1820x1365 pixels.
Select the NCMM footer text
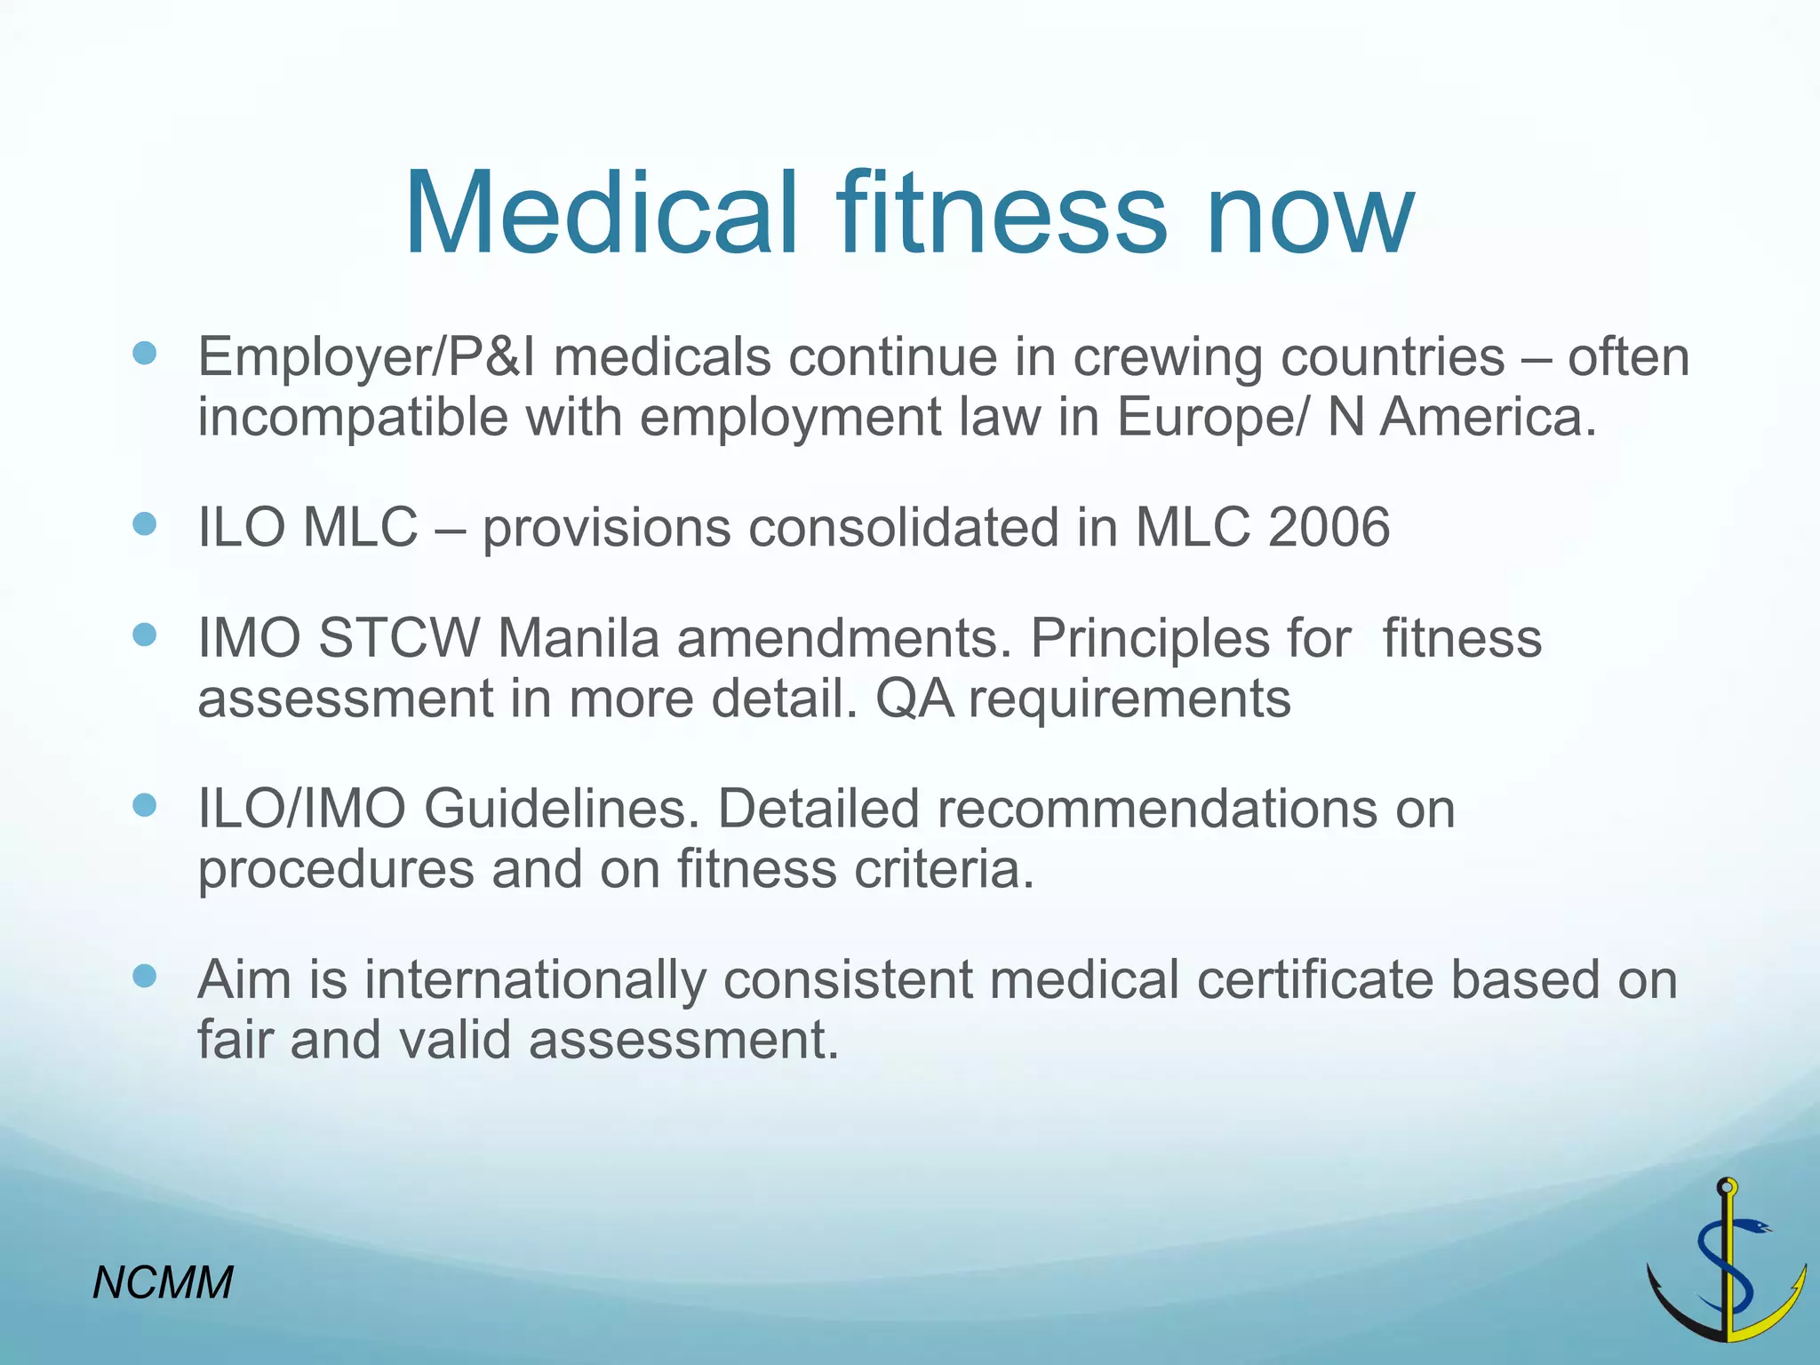click(163, 1282)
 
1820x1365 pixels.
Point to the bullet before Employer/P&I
click(144, 355)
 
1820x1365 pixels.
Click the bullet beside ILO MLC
click(144, 524)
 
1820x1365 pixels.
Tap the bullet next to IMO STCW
click(144, 635)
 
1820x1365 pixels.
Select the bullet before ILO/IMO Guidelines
click(144, 806)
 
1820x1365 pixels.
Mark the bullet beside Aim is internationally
click(144, 978)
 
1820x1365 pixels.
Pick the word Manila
click(578, 638)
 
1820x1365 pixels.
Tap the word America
click(1488, 416)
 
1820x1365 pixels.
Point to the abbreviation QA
click(914, 698)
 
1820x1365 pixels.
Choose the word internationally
click(535, 979)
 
